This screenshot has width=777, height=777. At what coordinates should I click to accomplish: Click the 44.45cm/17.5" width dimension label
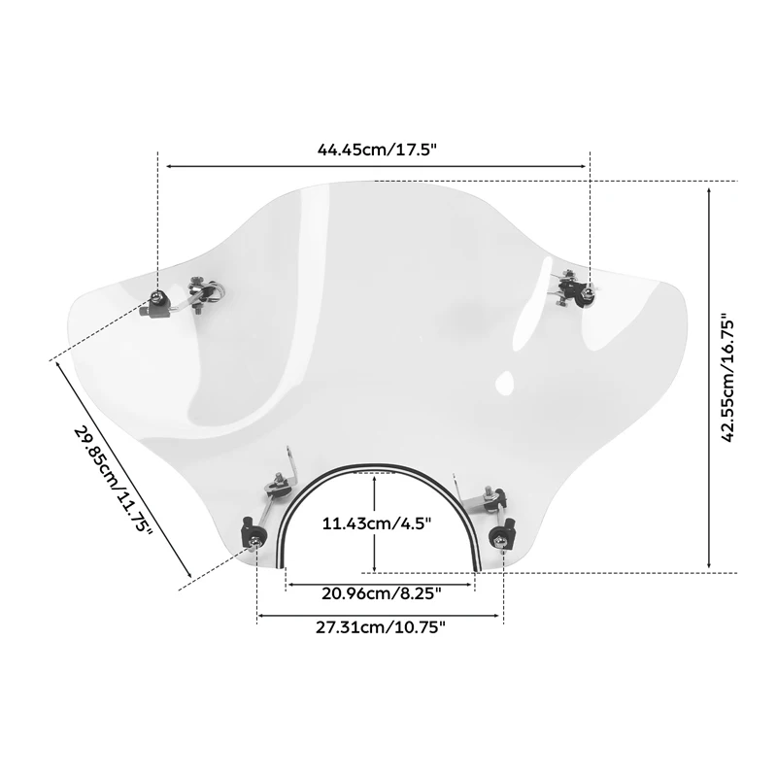[x=377, y=150]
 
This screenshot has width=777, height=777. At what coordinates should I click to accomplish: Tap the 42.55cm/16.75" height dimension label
[x=726, y=378]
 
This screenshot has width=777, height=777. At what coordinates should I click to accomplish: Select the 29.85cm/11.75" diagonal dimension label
[x=114, y=480]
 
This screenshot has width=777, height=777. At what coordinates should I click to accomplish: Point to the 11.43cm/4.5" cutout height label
[x=377, y=524]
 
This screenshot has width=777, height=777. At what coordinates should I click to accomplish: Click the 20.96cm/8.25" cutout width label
[x=381, y=593]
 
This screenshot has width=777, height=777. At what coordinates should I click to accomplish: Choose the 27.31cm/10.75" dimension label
[x=381, y=627]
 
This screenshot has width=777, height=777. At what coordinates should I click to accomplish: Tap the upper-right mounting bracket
[x=575, y=290]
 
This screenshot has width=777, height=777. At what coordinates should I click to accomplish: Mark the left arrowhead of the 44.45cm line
[x=170, y=166]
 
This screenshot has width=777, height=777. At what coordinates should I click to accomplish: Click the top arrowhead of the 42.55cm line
[x=710, y=191]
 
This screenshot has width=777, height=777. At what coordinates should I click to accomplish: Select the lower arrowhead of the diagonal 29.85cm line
[x=188, y=573]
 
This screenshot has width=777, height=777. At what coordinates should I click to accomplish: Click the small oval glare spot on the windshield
[x=504, y=381]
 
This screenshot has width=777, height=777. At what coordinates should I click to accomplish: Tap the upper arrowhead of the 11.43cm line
[x=375, y=478]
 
